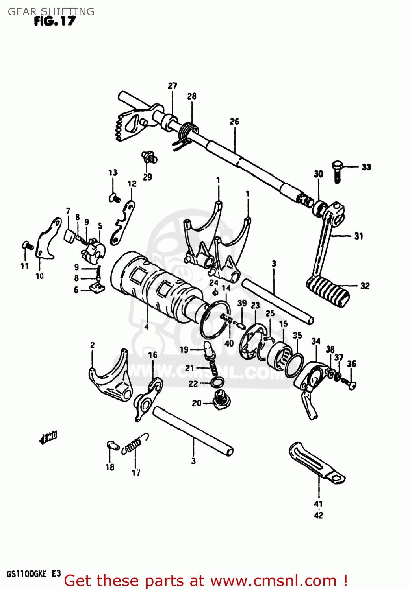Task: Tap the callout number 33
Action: click(x=366, y=167)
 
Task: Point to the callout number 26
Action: click(x=234, y=122)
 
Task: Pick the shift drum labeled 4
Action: click(x=158, y=287)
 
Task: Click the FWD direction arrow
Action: click(x=48, y=437)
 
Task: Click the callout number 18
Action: click(x=110, y=467)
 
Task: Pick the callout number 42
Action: click(x=319, y=515)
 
